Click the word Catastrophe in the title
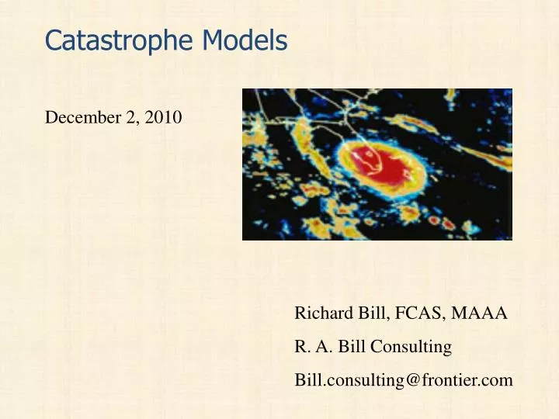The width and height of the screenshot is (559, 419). click(x=123, y=40)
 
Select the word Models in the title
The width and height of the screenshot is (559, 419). click(x=246, y=40)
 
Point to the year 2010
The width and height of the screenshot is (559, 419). click(x=164, y=118)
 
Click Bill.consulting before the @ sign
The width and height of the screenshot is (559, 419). click(x=357, y=380)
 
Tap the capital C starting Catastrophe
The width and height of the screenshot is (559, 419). click(x=53, y=40)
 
